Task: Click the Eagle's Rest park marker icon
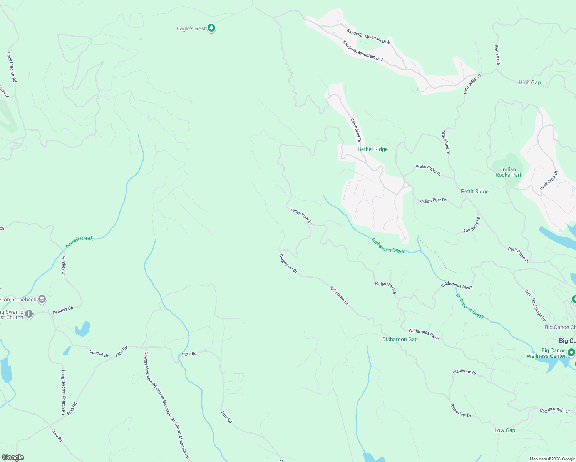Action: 211,28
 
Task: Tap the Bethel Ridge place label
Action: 372,149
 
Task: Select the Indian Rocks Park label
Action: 509,172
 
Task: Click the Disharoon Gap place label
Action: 400,339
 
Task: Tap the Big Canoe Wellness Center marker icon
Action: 571,352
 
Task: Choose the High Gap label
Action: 529,82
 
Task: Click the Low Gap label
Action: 504,430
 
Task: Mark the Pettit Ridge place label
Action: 474,191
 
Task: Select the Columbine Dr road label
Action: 356,130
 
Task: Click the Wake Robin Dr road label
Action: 429,170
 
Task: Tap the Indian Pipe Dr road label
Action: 433,201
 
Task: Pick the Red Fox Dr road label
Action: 497,55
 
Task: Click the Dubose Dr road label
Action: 99,353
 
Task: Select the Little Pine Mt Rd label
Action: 12,67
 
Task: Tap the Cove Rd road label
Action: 57,435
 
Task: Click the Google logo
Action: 13,457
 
